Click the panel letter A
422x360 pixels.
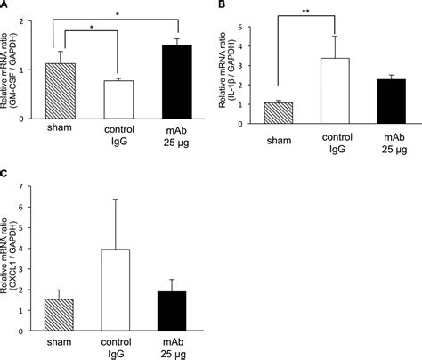point(6,7)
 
